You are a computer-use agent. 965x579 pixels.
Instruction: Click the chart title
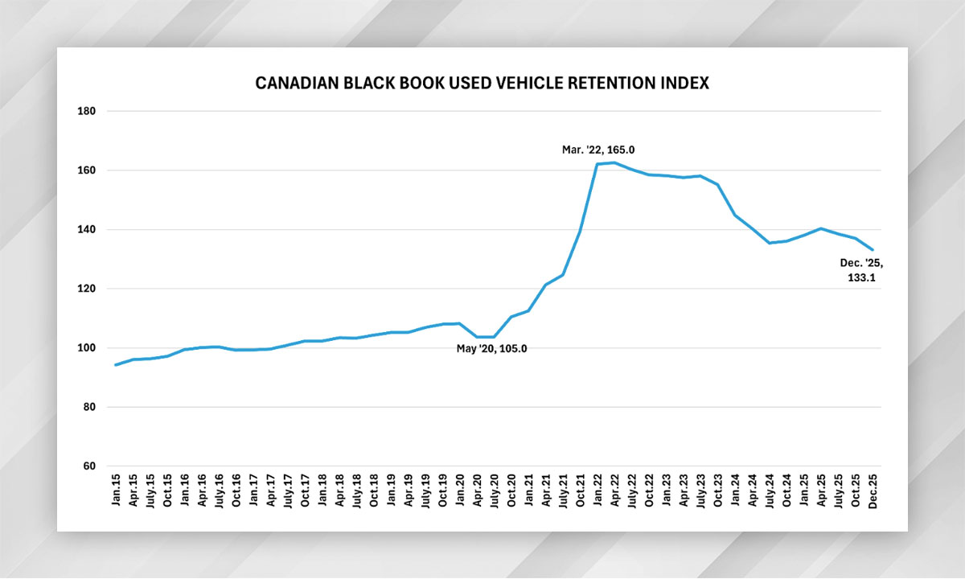tap(482, 83)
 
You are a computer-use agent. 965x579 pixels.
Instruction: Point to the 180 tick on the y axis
tap(86, 111)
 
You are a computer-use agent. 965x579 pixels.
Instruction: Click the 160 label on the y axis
tap(86, 170)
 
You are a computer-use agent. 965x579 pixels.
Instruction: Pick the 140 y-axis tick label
tap(86, 230)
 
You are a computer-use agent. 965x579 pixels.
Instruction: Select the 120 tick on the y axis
tap(86, 289)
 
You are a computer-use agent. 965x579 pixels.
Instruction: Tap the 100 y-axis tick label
tap(86, 348)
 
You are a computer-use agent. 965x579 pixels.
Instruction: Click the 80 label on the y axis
tap(88, 407)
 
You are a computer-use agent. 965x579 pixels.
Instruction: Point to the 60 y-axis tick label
tap(88, 466)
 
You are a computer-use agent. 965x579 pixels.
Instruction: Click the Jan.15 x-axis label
tap(117, 491)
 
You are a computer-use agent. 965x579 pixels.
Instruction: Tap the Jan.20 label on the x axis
tap(459, 491)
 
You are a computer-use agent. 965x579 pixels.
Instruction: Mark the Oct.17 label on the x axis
tap(306, 491)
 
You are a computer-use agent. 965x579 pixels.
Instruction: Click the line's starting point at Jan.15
tap(117, 364)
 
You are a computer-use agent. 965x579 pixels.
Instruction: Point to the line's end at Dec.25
tap(873, 249)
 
